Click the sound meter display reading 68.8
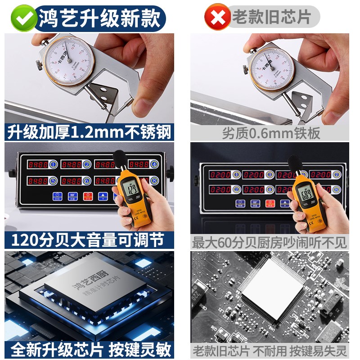pyautogui.click(x=307, y=194)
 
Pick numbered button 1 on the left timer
pyautogui.click(x=53, y=164)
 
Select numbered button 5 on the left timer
pyautogui.click(x=53, y=181)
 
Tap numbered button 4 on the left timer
pyautogui.click(x=154, y=164)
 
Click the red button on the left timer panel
pyautogui.click(x=88, y=196)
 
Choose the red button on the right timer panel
pyautogui.click(x=270, y=203)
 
